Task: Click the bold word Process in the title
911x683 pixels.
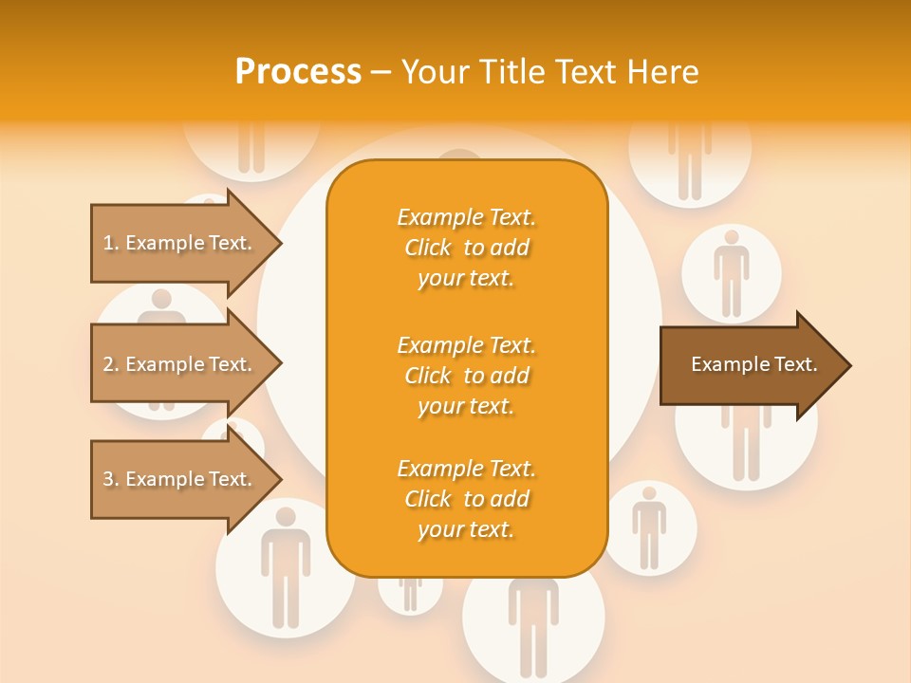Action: (298, 72)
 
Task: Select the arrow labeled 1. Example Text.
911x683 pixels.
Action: (180, 243)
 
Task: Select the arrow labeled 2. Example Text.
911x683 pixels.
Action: (180, 364)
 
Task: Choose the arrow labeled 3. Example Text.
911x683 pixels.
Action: (180, 479)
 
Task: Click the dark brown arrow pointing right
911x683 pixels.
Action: (750, 364)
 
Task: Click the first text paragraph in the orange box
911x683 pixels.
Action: (466, 248)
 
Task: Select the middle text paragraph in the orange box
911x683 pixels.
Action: (466, 376)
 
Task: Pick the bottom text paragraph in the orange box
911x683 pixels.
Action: (466, 499)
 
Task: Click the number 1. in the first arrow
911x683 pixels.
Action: (111, 243)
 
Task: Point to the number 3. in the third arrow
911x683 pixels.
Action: (111, 479)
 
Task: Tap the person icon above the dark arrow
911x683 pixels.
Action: (731, 273)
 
